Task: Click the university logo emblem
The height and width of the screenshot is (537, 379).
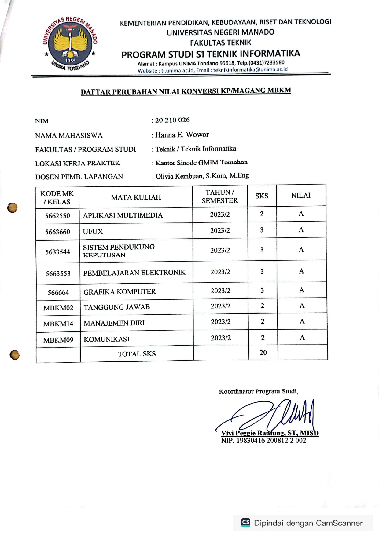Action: click(x=70, y=43)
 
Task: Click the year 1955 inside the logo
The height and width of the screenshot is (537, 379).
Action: click(x=70, y=61)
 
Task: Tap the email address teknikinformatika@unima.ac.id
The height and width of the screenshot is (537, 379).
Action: click(x=250, y=70)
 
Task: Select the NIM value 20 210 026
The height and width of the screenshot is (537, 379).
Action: click(x=172, y=120)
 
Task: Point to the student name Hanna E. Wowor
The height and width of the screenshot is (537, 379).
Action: click(x=182, y=135)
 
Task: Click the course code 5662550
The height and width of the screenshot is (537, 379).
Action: click(x=57, y=216)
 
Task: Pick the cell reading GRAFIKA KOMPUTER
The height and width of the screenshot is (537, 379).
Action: click(x=120, y=292)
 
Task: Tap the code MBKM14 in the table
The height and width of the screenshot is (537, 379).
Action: click(x=58, y=324)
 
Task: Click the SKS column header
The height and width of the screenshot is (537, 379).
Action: click(x=262, y=196)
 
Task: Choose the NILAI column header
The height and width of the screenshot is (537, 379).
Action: click(x=301, y=196)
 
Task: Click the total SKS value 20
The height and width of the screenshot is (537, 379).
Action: click(x=263, y=352)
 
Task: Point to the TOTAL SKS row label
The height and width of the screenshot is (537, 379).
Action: click(x=137, y=354)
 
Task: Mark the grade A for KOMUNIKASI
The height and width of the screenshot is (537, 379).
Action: click(x=302, y=337)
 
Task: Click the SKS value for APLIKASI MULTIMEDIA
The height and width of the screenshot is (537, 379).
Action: click(x=262, y=214)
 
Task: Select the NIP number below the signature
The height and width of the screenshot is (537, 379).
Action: click(x=263, y=441)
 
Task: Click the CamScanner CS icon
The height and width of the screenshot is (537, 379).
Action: click(x=246, y=522)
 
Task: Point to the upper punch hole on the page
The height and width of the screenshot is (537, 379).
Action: click(x=13, y=208)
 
